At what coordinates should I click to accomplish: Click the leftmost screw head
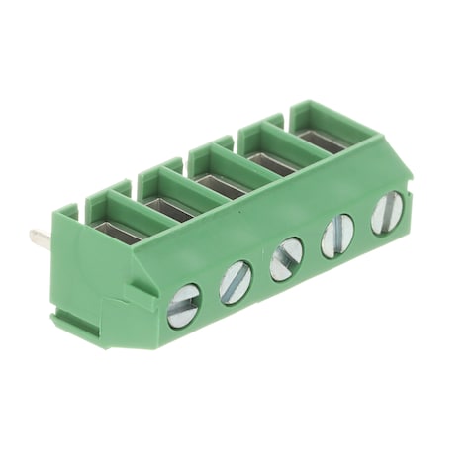tap(183, 306)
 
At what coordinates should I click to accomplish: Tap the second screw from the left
tap(236, 283)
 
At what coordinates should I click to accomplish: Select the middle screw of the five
tap(287, 259)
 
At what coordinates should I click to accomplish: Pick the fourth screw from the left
tap(337, 236)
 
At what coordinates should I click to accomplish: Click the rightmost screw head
tap(387, 212)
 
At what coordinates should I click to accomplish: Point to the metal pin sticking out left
tap(40, 237)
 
